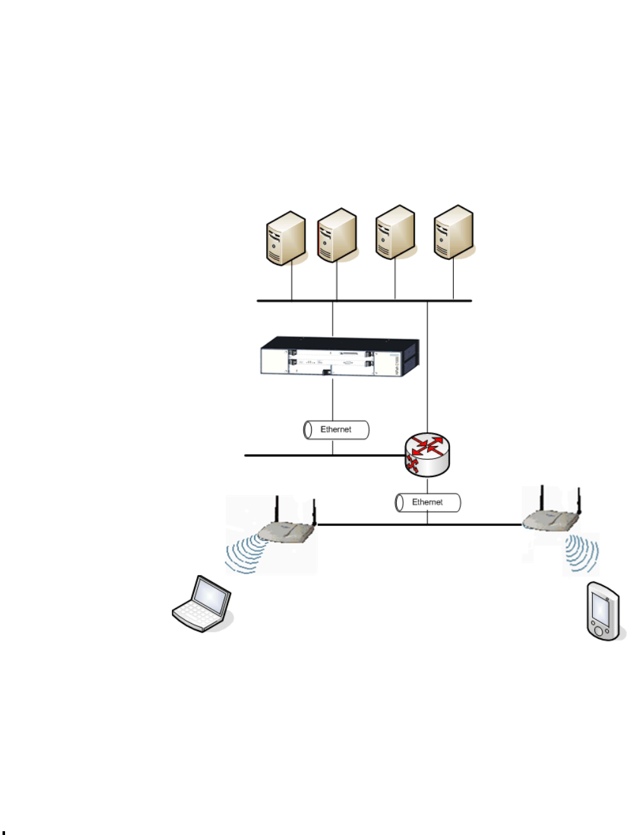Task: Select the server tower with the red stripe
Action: pyautogui.click(x=338, y=235)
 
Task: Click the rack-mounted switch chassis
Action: pyautogui.click(x=340, y=357)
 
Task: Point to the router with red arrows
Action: pyautogui.click(x=427, y=454)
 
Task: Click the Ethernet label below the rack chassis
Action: pyautogui.click(x=336, y=430)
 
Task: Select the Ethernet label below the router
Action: pyautogui.click(x=427, y=502)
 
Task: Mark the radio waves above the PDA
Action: pyautogui.click(x=581, y=553)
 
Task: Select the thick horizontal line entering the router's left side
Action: pyautogui.click(x=316, y=455)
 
